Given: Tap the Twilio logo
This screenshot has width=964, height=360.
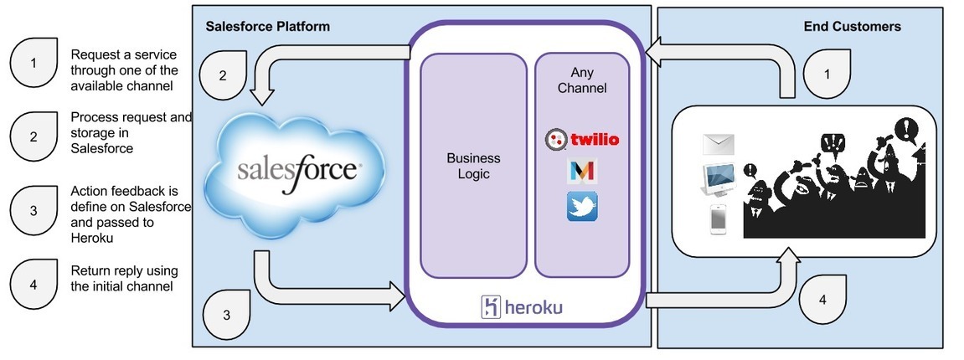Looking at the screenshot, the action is [x=581, y=140].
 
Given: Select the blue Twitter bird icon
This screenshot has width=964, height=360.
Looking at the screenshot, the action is [x=581, y=207].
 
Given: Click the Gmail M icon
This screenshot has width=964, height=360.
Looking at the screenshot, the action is [x=581, y=171].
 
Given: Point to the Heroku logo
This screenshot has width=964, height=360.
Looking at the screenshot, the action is [x=521, y=306].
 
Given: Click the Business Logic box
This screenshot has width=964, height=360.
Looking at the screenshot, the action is [x=473, y=166].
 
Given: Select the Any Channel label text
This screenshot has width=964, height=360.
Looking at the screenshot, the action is [x=581, y=80].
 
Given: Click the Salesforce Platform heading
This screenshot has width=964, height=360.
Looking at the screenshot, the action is [x=267, y=27].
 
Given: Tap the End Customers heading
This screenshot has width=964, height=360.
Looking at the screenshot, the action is [x=852, y=27].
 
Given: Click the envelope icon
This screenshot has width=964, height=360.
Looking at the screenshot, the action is [x=719, y=144].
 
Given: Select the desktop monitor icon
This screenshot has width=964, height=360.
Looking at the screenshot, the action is [x=719, y=179].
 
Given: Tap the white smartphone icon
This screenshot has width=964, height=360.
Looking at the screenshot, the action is [x=719, y=219].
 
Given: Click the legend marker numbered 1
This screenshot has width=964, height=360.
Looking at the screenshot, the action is [x=34, y=62].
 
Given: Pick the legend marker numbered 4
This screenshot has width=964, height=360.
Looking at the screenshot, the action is [x=34, y=285].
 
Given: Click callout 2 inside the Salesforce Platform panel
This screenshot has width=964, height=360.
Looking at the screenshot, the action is [x=223, y=75].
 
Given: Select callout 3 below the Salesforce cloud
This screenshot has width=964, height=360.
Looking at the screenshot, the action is [x=227, y=315].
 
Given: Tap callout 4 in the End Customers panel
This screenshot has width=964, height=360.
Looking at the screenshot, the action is [x=823, y=299].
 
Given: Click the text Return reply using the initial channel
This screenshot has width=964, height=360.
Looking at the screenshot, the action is [x=124, y=278].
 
